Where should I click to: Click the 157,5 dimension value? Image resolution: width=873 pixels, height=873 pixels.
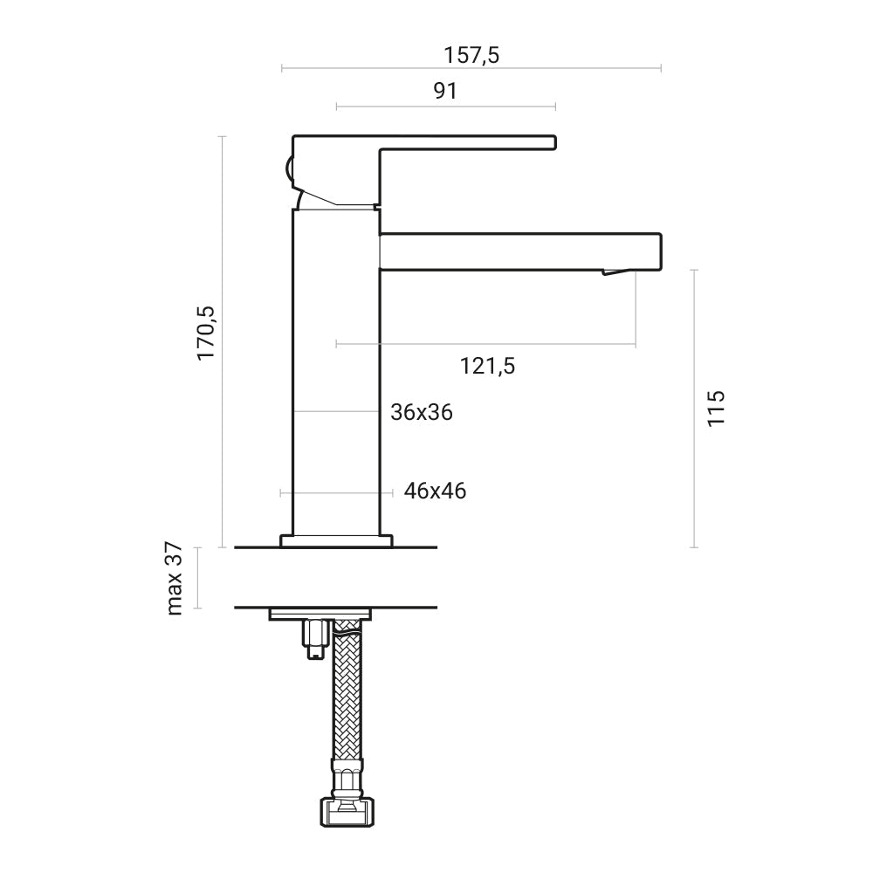[x=471, y=54]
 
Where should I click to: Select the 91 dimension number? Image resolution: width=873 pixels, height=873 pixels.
[x=445, y=91]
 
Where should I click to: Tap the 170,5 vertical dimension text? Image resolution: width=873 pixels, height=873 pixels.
[x=206, y=332]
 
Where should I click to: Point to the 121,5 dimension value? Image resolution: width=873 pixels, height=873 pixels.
[x=488, y=366]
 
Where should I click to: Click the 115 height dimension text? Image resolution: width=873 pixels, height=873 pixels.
[x=716, y=409]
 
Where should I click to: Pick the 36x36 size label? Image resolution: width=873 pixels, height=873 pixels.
[x=422, y=412]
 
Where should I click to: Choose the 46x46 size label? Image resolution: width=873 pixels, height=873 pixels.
[x=435, y=491]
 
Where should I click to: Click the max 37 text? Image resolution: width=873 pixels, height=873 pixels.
[x=175, y=578]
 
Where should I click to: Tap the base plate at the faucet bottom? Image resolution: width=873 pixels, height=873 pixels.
[x=336, y=540]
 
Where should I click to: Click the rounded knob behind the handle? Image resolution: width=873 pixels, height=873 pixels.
[x=288, y=168]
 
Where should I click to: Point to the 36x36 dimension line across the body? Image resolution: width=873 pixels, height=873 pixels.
[x=336, y=411]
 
